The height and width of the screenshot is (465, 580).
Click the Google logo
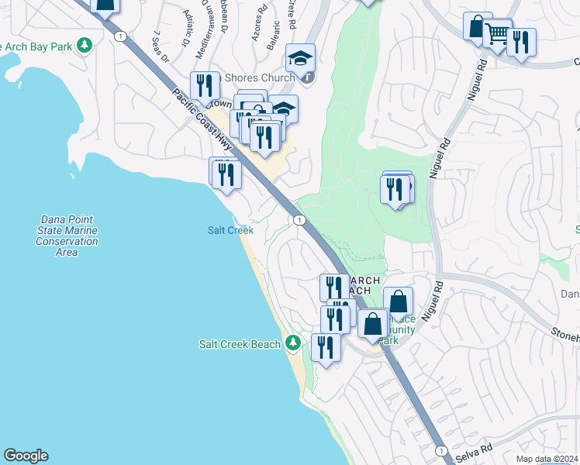point(26,456)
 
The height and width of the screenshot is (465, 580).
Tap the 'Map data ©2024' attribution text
point(546,459)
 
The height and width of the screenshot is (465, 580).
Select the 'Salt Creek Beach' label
point(239,344)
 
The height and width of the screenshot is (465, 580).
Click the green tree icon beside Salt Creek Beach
point(292,343)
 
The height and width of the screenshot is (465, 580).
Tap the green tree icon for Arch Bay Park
point(85,46)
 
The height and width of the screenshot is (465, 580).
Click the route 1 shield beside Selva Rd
point(440,450)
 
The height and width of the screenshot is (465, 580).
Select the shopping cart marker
point(497,34)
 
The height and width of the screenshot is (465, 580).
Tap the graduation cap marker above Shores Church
point(300,57)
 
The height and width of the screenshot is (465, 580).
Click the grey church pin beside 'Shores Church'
point(309,77)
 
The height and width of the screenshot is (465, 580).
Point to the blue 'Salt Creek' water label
point(230,230)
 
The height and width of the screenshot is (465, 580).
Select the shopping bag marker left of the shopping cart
point(478,26)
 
